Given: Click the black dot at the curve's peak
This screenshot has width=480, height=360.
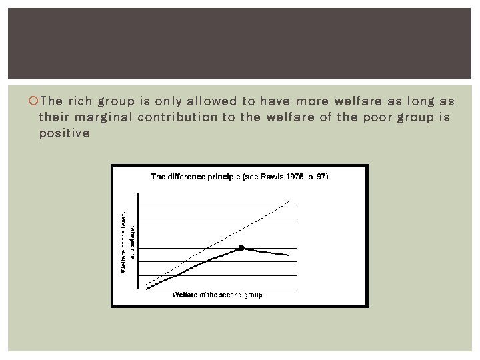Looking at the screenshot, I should (243, 247).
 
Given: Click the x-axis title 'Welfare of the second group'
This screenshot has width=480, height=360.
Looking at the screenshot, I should (217, 295).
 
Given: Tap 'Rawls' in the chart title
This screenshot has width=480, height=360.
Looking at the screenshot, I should (272, 177).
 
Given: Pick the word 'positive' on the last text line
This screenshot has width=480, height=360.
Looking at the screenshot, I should (64, 133).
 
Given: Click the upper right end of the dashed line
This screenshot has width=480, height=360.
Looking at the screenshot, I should (289, 201).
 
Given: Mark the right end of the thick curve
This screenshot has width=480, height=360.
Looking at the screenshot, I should (289, 255).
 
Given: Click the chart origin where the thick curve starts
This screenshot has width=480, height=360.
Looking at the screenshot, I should (147, 288).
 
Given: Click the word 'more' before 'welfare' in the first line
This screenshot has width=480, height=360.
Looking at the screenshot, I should (311, 102).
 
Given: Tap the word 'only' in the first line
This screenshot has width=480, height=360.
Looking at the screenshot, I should (168, 102).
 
